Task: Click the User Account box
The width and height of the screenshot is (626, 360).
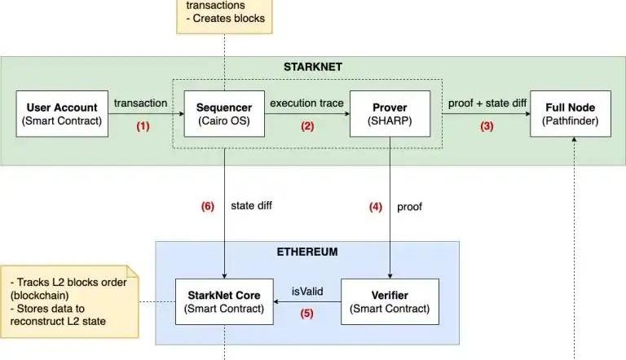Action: [62, 114]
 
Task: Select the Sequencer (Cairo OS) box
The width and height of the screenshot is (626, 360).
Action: [218, 114]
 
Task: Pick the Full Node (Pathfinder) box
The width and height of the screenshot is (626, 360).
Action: [571, 114]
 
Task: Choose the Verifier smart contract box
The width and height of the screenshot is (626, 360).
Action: [389, 301]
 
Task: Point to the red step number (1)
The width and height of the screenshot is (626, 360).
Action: [143, 127]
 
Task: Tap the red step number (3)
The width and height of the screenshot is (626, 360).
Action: [487, 127]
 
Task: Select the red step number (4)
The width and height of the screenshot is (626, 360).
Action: [375, 207]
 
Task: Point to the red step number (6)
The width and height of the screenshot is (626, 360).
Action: [208, 207]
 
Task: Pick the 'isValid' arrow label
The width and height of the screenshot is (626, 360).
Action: [306, 290]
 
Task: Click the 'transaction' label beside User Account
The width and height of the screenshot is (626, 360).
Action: [140, 103]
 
